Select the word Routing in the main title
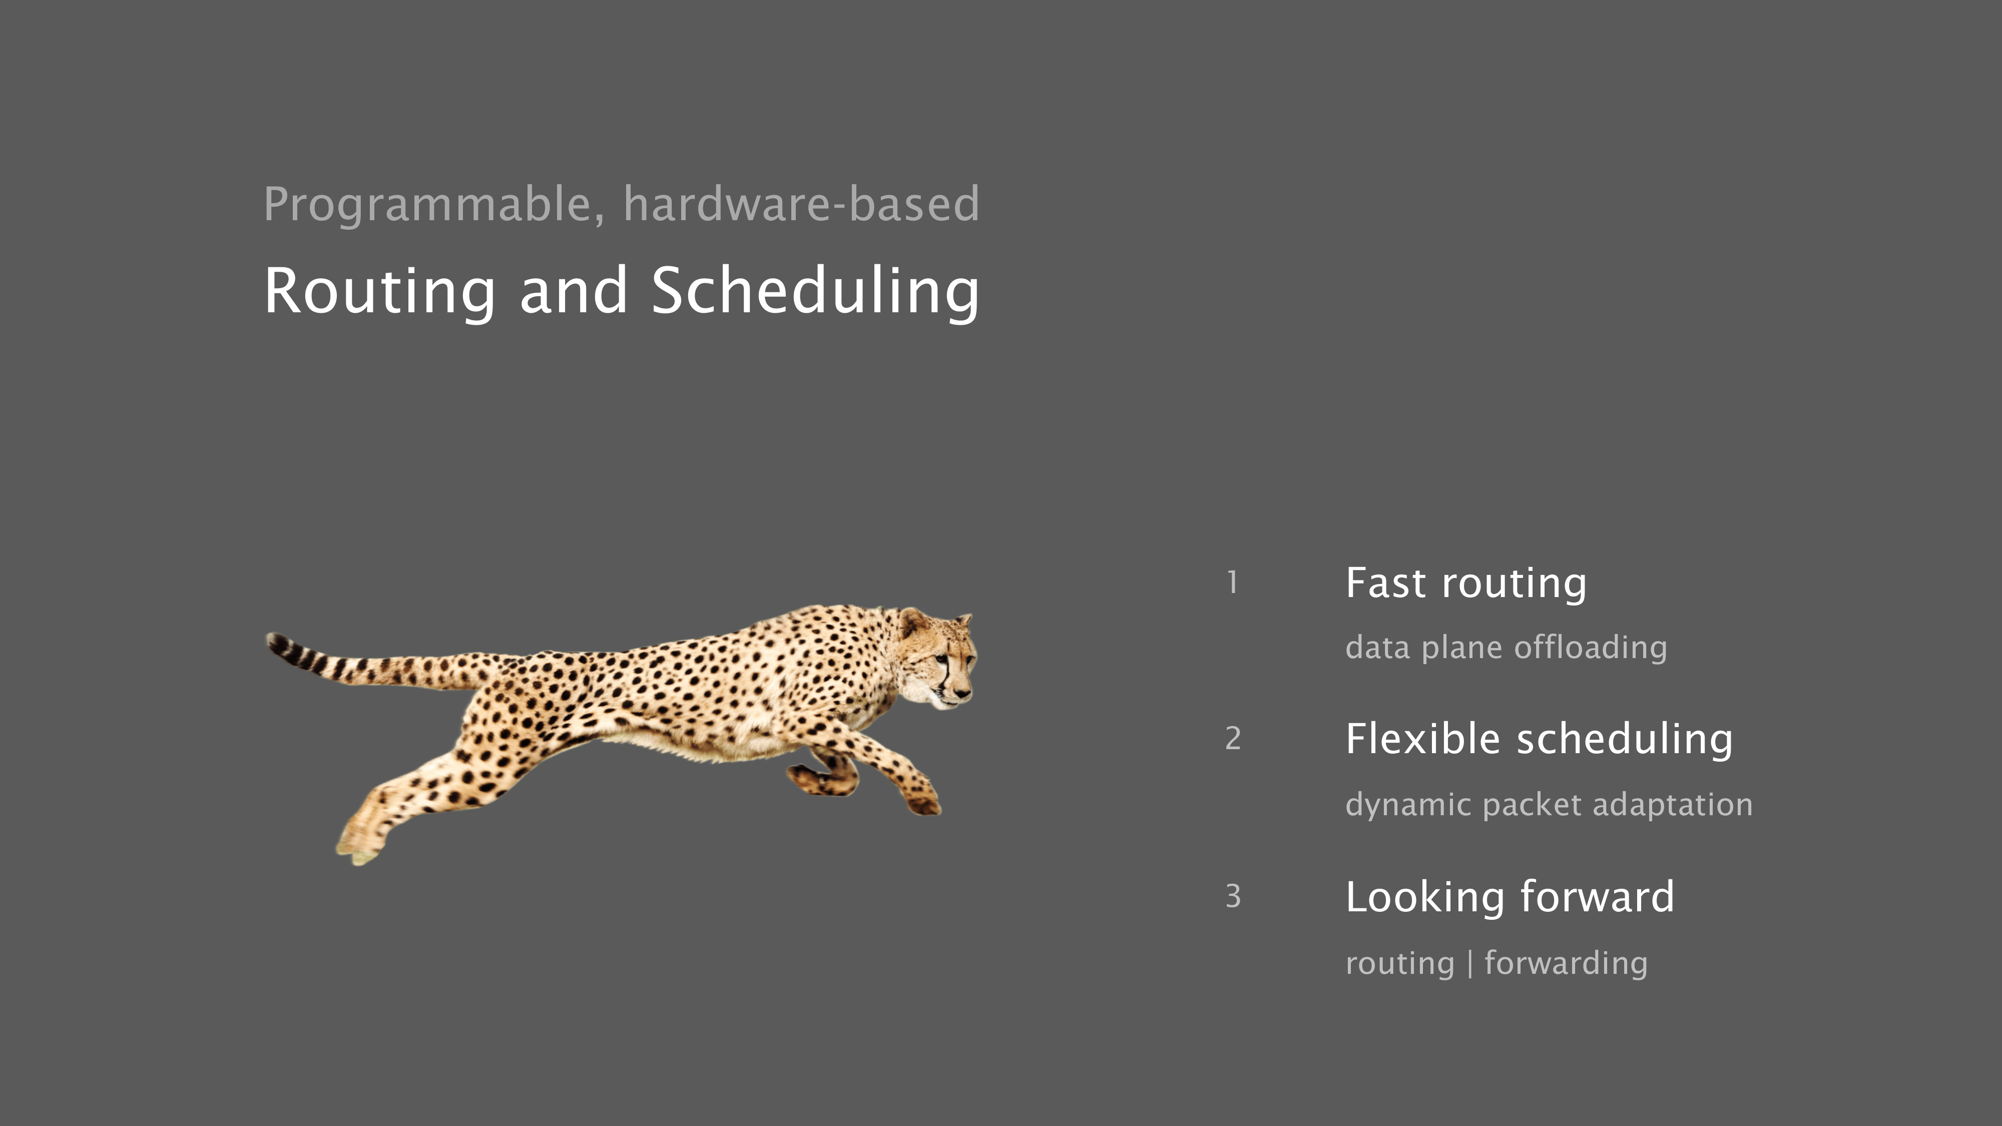pyautogui.click(x=379, y=292)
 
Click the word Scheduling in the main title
pyautogui.click(x=815, y=292)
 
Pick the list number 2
pyautogui.click(x=1233, y=738)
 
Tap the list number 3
pyautogui.click(x=1233, y=896)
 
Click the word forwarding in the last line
pyautogui.click(x=1566, y=963)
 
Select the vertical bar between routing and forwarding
pyautogui.click(x=1469, y=963)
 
